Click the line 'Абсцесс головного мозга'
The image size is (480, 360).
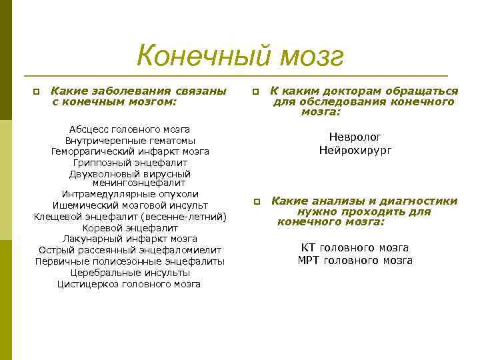coord(130,129)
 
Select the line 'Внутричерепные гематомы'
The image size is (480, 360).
coord(130,141)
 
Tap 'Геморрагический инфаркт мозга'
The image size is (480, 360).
coord(130,151)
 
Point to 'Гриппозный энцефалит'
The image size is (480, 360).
coord(130,163)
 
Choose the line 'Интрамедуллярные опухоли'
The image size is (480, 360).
coord(130,194)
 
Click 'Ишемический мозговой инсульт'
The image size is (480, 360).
coord(130,205)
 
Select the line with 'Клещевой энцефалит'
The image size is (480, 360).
coord(130,217)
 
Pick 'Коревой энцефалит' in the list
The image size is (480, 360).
coord(130,228)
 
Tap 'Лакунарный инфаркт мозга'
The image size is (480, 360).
coord(130,239)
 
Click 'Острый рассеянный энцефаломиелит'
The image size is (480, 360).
coord(130,250)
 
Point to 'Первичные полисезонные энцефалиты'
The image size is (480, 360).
coord(130,261)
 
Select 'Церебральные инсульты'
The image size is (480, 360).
coord(130,273)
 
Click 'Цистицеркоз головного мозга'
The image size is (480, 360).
coord(130,284)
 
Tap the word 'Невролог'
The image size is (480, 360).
coord(355,137)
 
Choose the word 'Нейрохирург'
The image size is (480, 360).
coord(355,151)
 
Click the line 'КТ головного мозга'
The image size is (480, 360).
coord(355,247)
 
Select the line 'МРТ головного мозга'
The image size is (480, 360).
coord(355,260)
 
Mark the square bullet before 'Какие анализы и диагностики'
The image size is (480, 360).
coord(256,202)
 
